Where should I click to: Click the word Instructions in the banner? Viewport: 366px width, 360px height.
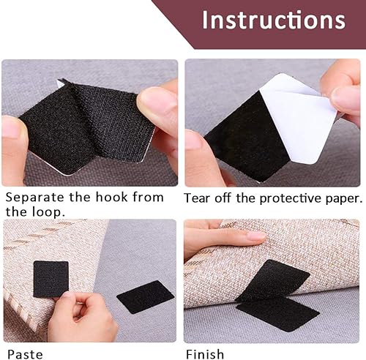point(274,20)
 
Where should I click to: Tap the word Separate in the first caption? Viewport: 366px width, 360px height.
point(35,198)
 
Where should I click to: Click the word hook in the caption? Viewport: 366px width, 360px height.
point(111,197)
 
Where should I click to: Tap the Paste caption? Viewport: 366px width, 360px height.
point(25,354)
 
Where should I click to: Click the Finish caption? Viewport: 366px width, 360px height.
point(205,354)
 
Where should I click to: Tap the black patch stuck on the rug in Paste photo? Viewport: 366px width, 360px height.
point(51,279)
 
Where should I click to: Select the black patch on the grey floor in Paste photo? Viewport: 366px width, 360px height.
point(146,297)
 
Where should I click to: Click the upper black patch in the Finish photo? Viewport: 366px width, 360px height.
point(272,280)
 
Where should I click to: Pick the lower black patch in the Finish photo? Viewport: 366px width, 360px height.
point(278,314)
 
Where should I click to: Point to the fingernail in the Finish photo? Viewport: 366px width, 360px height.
point(256,236)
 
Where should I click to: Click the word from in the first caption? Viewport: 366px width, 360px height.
point(148,197)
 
